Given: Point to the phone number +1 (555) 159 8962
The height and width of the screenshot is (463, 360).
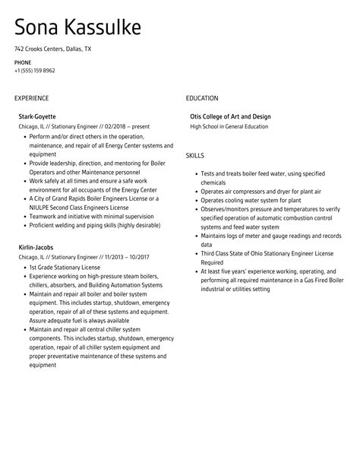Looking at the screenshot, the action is (x=34, y=71).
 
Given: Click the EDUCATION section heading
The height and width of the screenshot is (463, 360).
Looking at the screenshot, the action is (x=202, y=98).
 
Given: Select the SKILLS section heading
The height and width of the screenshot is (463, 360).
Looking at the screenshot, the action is (x=196, y=155).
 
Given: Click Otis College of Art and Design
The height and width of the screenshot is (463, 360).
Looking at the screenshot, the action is (x=230, y=117).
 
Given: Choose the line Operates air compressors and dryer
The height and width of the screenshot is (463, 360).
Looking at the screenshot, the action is (x=251, y=192).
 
